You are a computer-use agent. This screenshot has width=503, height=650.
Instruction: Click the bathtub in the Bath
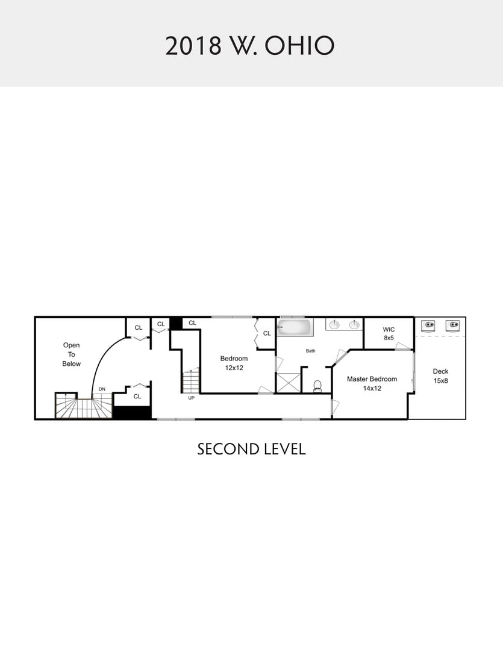point(296,327)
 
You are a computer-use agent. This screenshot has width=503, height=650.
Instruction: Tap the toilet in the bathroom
point(317,386)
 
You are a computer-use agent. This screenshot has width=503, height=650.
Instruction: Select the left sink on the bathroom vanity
point(334,324)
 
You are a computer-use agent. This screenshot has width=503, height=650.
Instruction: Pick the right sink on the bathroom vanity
point(354,324)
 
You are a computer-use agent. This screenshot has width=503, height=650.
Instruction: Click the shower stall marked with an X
point(289,383)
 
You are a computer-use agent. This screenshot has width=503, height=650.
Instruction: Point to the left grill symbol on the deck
point(428,326)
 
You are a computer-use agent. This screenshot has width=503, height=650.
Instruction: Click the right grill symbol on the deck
point(452,326)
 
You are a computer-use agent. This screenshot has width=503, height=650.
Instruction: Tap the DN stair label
point(102,389)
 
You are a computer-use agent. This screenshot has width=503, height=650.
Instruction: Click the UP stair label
point(192,398)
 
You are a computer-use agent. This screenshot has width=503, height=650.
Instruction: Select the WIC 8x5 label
point(389,333)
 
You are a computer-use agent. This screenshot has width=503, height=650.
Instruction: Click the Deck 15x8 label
point(441,376)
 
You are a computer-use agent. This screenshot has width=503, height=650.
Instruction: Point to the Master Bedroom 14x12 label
point(372,383)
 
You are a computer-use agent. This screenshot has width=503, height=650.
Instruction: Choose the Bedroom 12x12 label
point(234,363)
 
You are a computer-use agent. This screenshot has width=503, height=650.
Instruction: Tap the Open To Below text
point(71,354)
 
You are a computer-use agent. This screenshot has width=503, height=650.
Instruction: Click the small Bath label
point(311,351)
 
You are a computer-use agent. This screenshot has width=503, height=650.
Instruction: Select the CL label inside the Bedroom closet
point(267,333)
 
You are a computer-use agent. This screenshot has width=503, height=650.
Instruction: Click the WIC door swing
point(402,346)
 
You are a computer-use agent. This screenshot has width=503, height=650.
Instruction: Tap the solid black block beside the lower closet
point(133,412)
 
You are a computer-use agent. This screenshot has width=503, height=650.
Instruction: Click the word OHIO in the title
point(299,46)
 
